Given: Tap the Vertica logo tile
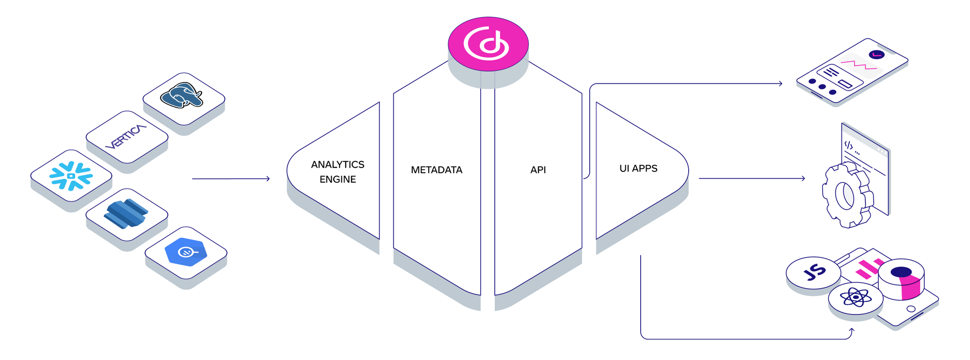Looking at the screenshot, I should [126, 136].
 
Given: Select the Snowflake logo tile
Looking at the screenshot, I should [71, 176].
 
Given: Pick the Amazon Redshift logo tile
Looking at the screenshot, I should [126, 213].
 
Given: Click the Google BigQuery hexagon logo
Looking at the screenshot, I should [186, 252].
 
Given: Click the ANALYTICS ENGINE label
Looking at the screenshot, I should [338, 172].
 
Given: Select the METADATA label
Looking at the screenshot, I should [436, 170].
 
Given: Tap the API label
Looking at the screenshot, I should [538, 170].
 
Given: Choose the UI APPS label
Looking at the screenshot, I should [638, 169].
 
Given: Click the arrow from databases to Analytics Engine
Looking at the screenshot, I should [231, 179].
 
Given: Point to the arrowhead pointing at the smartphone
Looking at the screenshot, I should [780, 83].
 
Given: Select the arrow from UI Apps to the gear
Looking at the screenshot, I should [752, 179].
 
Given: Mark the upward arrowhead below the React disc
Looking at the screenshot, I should [852, 330].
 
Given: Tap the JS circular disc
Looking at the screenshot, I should [813, 272].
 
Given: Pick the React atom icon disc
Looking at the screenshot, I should [856, 297].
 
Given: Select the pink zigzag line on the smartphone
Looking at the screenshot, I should [858, 65].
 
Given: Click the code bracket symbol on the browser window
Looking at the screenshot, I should [848, 145].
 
